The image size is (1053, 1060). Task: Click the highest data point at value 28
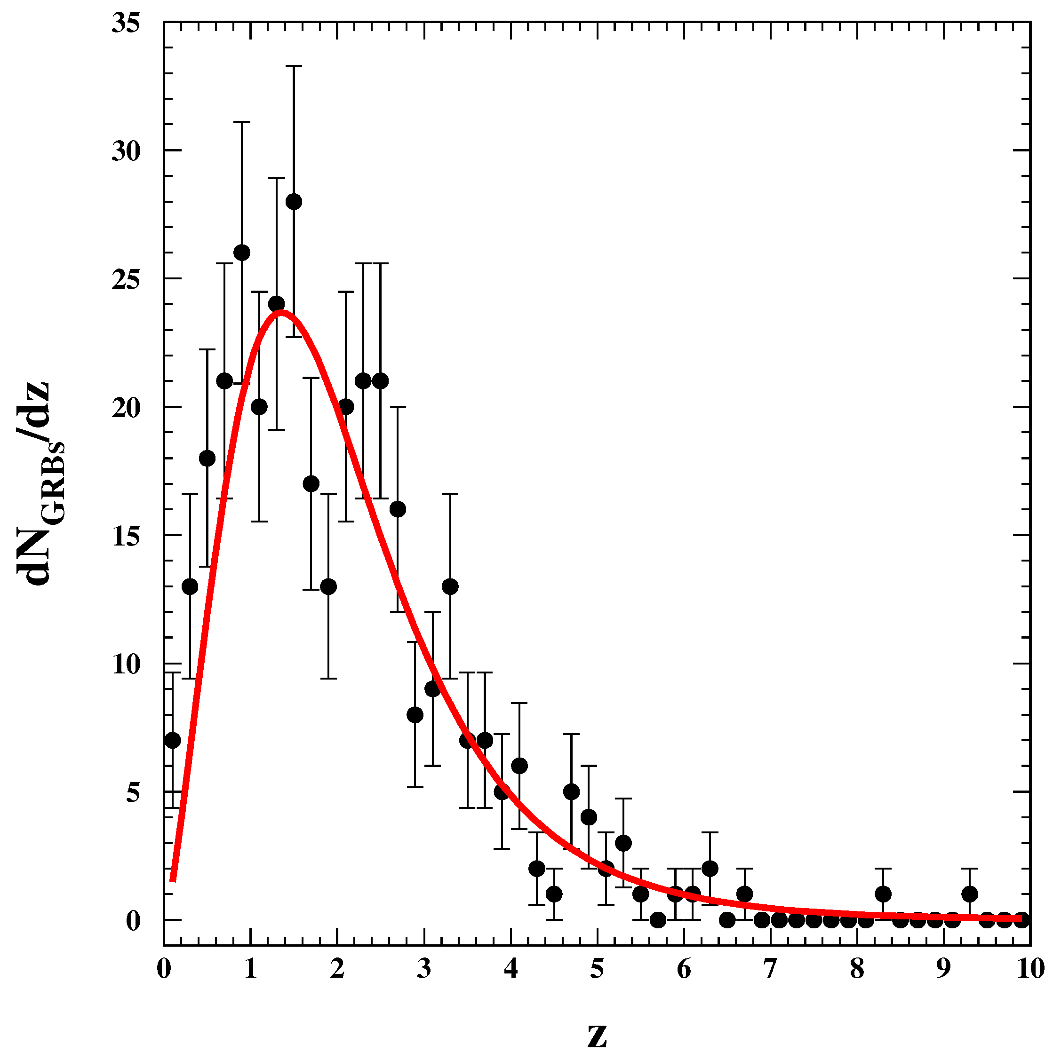click(x=294, y=202)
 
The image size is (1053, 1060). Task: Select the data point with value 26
click(x=241, y=253)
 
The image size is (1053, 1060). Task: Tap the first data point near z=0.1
click(x=172, y=741)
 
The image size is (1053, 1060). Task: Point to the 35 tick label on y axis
click(x=126, y=24)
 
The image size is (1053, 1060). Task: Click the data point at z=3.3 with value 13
click(x=450, y=587)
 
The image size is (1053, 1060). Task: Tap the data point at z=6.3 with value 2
click(x=710, y=869)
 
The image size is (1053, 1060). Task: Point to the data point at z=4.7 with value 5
click(x=571, y=792)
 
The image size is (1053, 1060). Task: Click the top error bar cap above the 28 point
click(x=294, y=66)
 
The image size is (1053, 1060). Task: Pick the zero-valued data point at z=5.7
click(x=658, y=920)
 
